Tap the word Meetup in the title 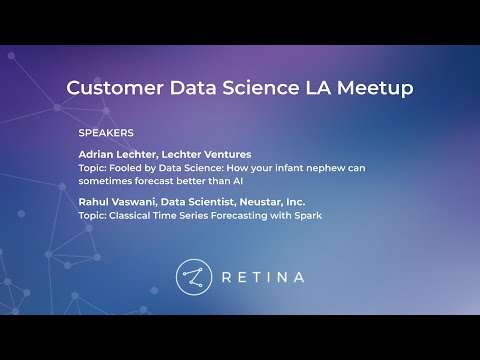coord(373,88)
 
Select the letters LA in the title coord(311,88)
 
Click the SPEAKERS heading coord(106,132)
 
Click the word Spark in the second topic coord(306,215)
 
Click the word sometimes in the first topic coord(103,181)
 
